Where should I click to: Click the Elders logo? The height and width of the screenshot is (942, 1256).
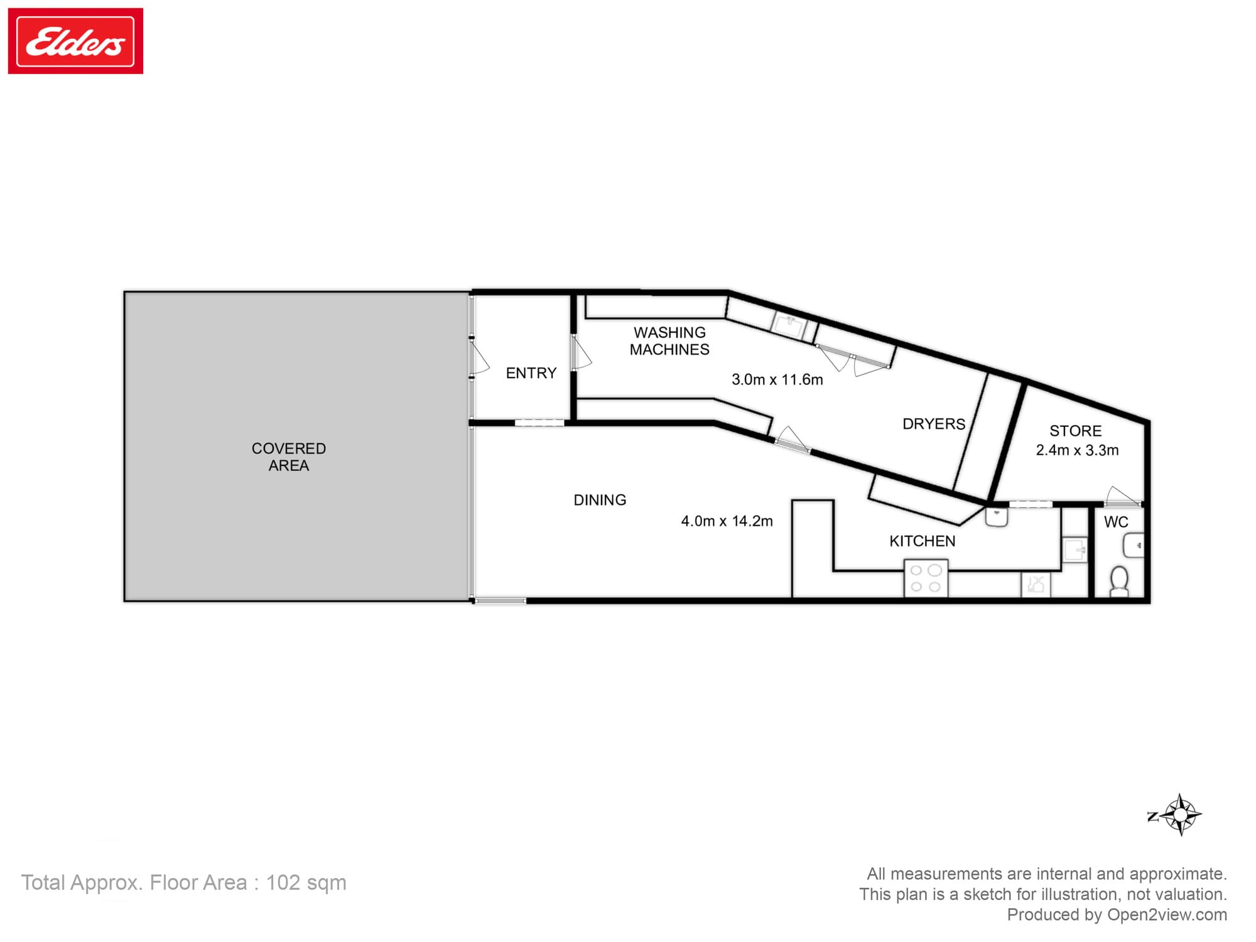pyautogui.click(x=75, y=41)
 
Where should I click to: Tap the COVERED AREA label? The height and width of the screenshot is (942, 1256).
pyautogui.click(x=289, y=457)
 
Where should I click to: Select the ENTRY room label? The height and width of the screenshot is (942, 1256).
pyautogui.click(x=531, y=373)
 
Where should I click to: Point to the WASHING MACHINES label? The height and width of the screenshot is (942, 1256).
pyautogui.click(x=669, y=341)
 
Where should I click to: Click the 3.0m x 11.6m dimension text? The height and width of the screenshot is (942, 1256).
pyautogui.click(x=777, y=379)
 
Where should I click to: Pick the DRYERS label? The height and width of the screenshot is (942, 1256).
pyautogui.click(x=934, y=424)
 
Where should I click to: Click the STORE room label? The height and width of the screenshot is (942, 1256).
pyautogui.click(x=1075, y=431)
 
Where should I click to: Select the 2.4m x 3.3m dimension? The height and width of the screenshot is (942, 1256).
pyautogui.click(x=1077, y=450)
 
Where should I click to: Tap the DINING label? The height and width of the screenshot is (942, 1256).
pyautogui.click(x=600, y=500)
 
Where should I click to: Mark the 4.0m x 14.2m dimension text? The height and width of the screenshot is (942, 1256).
pyautogui.click(x=727, y=521)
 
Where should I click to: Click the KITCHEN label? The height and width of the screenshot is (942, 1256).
pyautogui.click(x=922, y=541)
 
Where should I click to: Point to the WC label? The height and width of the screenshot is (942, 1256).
pyautogui.click(x=1116, y=522)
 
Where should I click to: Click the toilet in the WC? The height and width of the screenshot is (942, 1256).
pyautogui.click(x=1119, y=580)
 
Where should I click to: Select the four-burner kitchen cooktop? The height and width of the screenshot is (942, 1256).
pyautogui.click(x=926, y=578)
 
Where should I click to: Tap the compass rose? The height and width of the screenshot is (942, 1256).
pyautogui.click(x=1180, y=815)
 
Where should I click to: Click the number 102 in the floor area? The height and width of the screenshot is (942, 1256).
pyautogui.click(x=283, y=882)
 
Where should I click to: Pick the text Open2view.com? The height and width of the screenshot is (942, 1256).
pyautogui.click(x=1167, y=914)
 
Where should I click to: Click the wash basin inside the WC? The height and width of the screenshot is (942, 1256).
pyautogui.click(x=1134, y=545)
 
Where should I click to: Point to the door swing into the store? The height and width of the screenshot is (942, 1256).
pyautogui.click(x=1120, y=496)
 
